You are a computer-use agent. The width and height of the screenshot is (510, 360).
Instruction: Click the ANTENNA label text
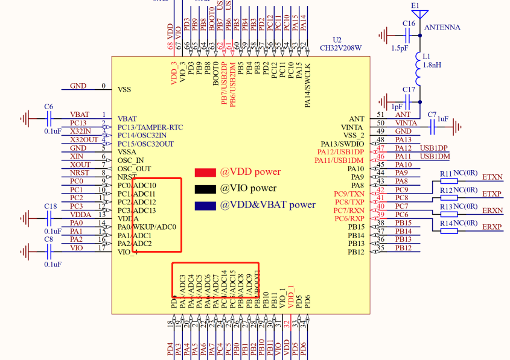(x=442, y=28)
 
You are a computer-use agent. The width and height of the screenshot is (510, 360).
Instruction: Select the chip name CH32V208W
(x=341, y=48)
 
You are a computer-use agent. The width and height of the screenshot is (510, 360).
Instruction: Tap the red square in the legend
(x=205, y=172)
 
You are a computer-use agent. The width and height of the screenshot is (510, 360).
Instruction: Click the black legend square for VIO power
(x=205, y=188)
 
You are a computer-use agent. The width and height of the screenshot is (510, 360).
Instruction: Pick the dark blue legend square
(x=205, y=205)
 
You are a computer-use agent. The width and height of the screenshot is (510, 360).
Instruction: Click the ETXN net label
(x=492, y=177)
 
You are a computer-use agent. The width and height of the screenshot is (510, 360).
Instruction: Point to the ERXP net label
(x=492, y=227)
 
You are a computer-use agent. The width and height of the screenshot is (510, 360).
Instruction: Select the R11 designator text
(x=446, y=174)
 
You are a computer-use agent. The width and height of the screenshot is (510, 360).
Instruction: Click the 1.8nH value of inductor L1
(x=433, y=65)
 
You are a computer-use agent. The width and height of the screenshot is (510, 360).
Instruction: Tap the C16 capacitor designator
(x=409, y=24)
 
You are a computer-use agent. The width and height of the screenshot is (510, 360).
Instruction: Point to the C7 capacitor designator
(x=432, y=115)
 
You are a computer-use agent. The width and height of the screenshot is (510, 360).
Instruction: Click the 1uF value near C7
(x=442, y=119)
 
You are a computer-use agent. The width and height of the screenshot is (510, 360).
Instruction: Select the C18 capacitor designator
(x=50, y=206)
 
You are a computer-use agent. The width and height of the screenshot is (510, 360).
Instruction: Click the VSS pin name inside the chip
(x=124, y=89)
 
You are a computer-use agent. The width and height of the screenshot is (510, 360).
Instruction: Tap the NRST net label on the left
(x=80, y=173)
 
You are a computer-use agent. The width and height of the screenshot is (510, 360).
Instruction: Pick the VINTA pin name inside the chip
(x=352, y=127)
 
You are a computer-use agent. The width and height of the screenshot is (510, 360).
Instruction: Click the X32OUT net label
(x=84, y=139)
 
